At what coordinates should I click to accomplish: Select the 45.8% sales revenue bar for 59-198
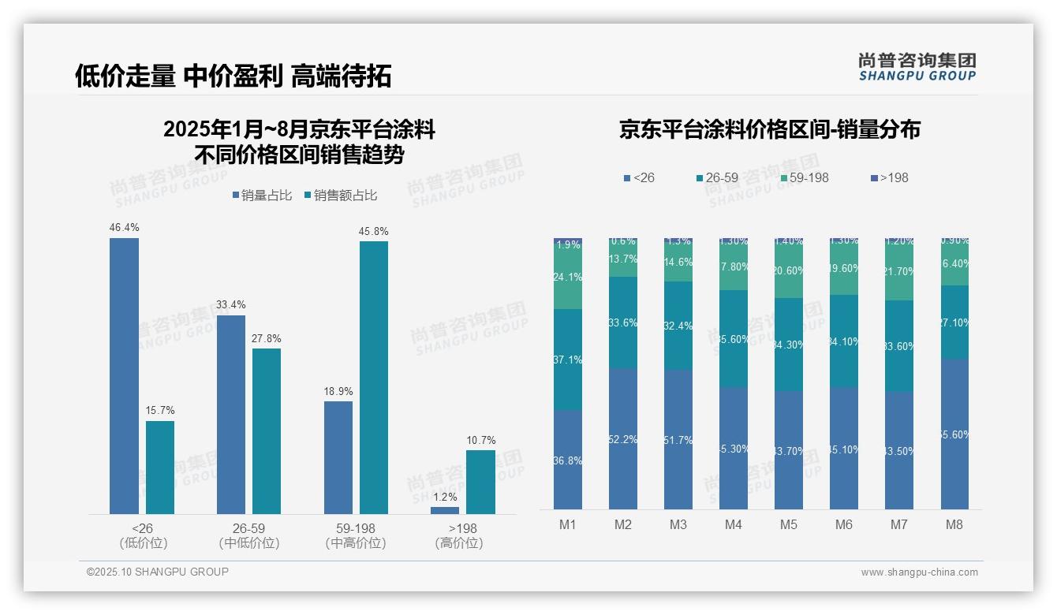click(374, 378)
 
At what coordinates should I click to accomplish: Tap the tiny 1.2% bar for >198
click(445, 510)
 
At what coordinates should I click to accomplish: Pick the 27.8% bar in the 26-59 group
click(267, 431)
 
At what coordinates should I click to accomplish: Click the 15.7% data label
click(160, 411)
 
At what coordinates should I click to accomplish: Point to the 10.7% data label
click(481, 440)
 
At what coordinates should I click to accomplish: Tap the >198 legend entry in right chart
click(889, 177)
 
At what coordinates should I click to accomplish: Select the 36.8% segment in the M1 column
click(568, 460)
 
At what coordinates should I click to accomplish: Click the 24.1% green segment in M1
click(568, 277)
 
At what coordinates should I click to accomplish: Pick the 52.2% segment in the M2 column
click(623, 439)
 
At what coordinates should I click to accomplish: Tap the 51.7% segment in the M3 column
click(678, 440)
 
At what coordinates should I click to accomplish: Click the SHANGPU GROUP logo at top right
click(917, 67)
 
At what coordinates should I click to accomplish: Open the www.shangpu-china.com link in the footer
click(919, 572)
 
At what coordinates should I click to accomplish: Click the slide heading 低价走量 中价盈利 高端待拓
click(233, 76)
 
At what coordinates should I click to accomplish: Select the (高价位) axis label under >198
click(458, 543)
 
